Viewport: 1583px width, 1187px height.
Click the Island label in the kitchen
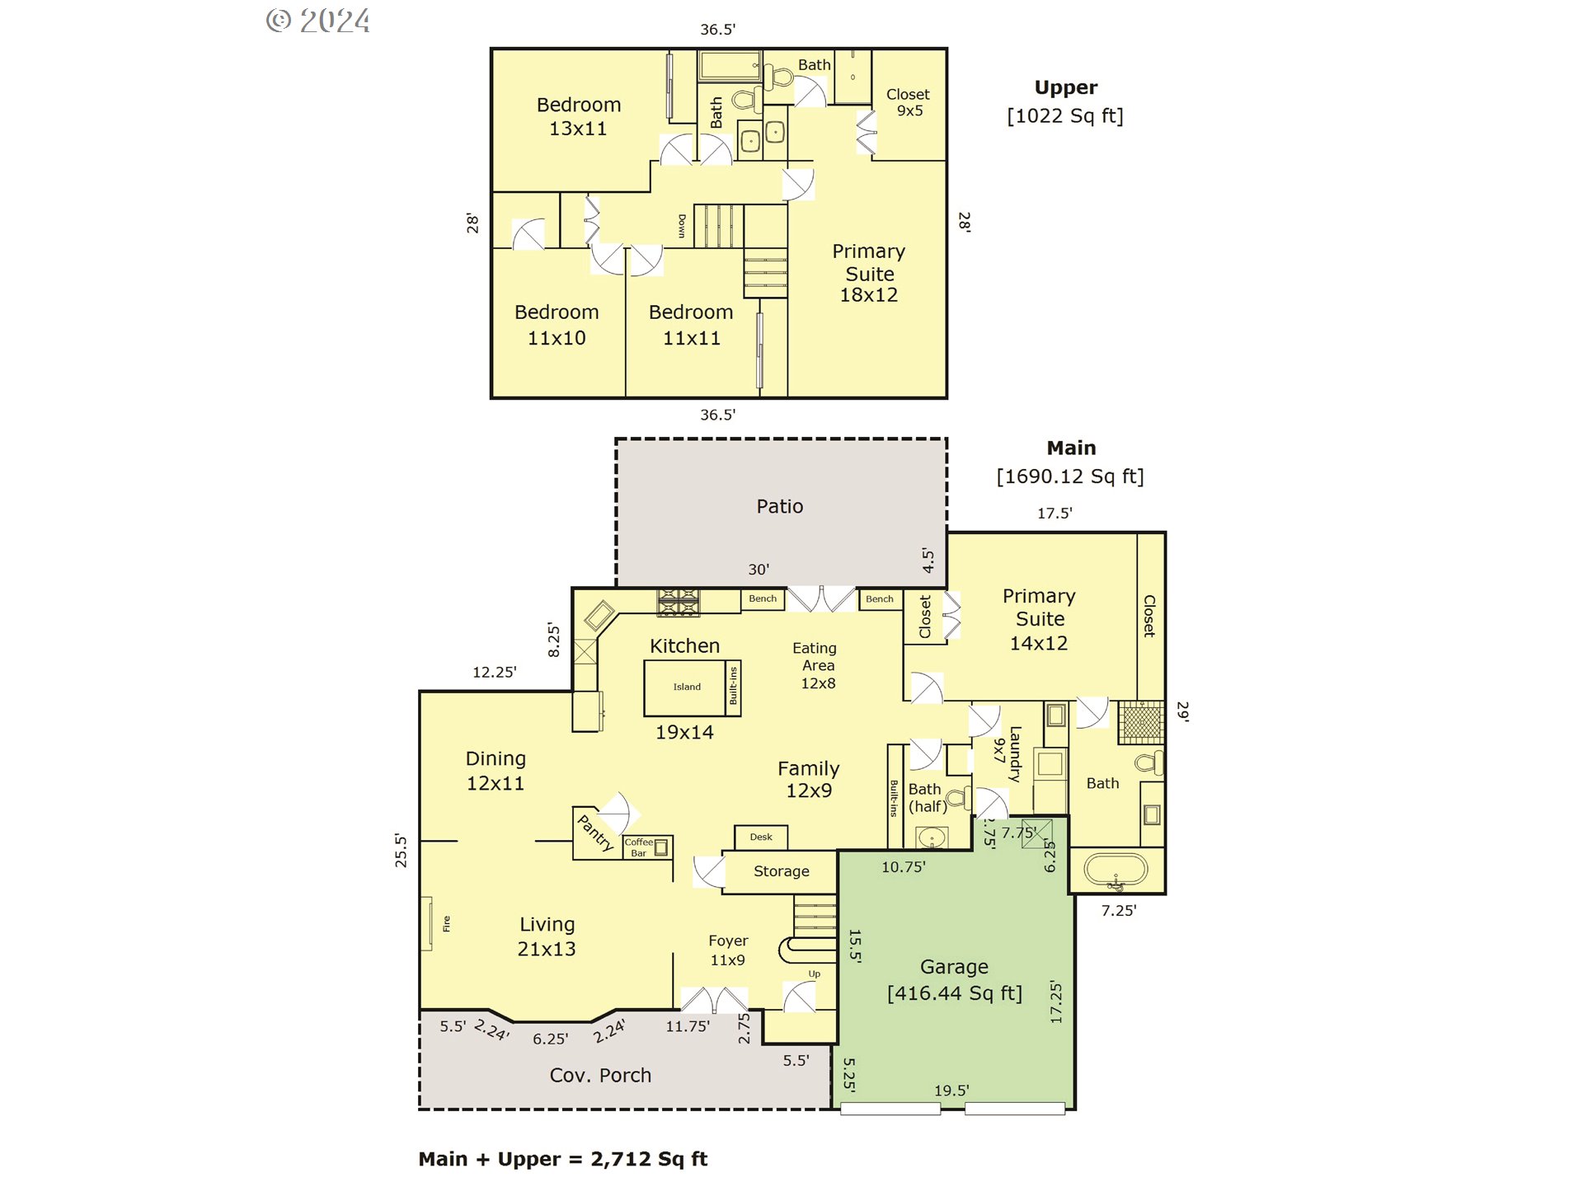tap(687, 687)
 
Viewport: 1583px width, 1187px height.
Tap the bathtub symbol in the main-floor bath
tap(1116, 870)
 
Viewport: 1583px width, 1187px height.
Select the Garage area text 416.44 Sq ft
tap(954, 993)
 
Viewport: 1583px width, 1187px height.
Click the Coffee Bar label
tap(638, 847)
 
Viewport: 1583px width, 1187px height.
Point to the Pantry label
tap(595, 833)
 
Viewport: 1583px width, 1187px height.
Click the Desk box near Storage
tap(761, 837)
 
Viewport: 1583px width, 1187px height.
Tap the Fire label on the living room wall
tap(447, 923)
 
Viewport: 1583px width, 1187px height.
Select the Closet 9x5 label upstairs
tap(908, 102)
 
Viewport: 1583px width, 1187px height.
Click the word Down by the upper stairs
tap(682, 226)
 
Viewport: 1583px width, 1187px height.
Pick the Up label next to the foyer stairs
tap(815, 974)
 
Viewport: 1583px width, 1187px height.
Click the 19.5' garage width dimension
tap(951, 1091)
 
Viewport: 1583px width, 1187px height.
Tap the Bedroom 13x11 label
tap(579, 116)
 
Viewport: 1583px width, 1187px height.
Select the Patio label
tap(780, 506)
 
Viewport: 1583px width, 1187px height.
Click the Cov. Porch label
tap(600, 1076)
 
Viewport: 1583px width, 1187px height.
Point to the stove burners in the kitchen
tap(678, 603)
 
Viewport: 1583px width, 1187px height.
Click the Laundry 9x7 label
tap(1008, 753)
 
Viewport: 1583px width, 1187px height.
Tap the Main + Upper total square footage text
tap(563, 1159)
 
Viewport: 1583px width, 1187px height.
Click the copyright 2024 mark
tap(318, 21)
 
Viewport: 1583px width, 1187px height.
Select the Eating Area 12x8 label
tap(816, 665)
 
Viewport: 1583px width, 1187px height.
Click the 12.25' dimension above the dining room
tap(494, 672)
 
